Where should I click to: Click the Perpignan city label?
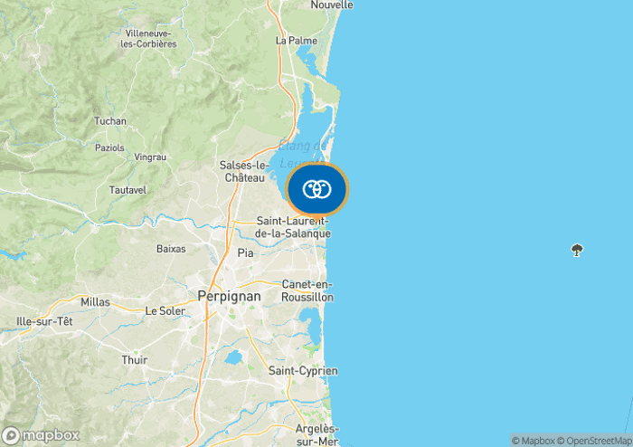[x=229, y=296]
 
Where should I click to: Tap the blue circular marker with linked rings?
[x=316, y=189]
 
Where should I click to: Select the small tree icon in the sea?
[x=577, y=250]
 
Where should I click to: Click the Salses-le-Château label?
[x=244, y=171]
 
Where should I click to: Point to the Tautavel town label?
[x=128, y=191]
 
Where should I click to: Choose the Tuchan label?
[x=110, y=121]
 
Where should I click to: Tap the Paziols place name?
[x=110, y=147]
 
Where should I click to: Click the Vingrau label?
[x=150, y=157]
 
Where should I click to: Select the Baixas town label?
[x=171, y=248]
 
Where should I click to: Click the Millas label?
[x=95, y=301]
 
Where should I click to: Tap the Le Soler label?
[x=165, y=311]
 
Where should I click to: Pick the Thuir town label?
[x=134, y=360]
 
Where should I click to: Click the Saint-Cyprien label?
[x=303, y=371]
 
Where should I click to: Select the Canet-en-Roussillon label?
[x=307, y=290]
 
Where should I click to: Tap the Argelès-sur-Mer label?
[x=316, y=434]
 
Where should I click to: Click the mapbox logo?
[x=41, y=434]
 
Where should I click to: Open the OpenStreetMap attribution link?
[x=595, y=441]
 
